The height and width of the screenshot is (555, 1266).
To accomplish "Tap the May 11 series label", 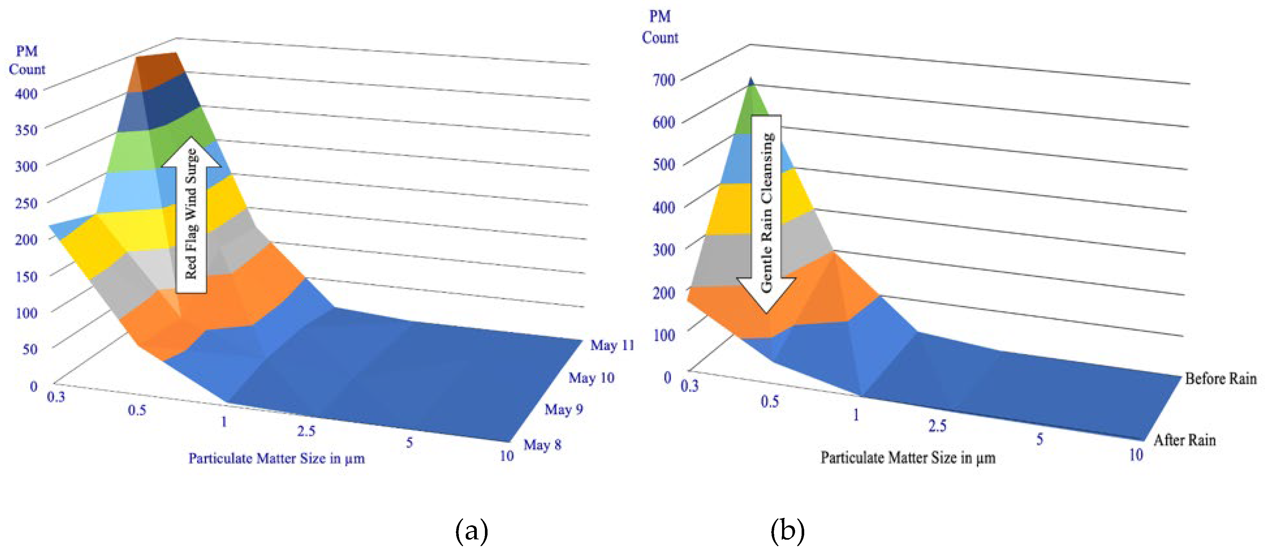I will pyautogui.click(x=612, y=345).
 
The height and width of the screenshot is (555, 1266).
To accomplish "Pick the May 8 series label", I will pyautogui.click(x=542, y=445).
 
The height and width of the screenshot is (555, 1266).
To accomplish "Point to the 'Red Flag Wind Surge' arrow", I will pyautogui.click(x=191, y=216).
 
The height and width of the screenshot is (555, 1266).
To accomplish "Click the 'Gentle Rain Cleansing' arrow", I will pyautogui.click(x=766, y=214).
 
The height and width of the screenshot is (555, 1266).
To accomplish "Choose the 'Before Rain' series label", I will pyautogui.click(x=1221, y=379).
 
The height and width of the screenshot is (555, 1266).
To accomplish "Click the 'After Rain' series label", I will pyautogui.click(x=1184, y=440).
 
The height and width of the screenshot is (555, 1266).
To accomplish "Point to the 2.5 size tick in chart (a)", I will pyautogui.click(x=306, y=431).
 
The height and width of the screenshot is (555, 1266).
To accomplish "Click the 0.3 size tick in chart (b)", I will pyautogui.click(x=689, y=387).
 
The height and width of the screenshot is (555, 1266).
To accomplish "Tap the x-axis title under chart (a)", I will pyautogui.click(x=277, y=459).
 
